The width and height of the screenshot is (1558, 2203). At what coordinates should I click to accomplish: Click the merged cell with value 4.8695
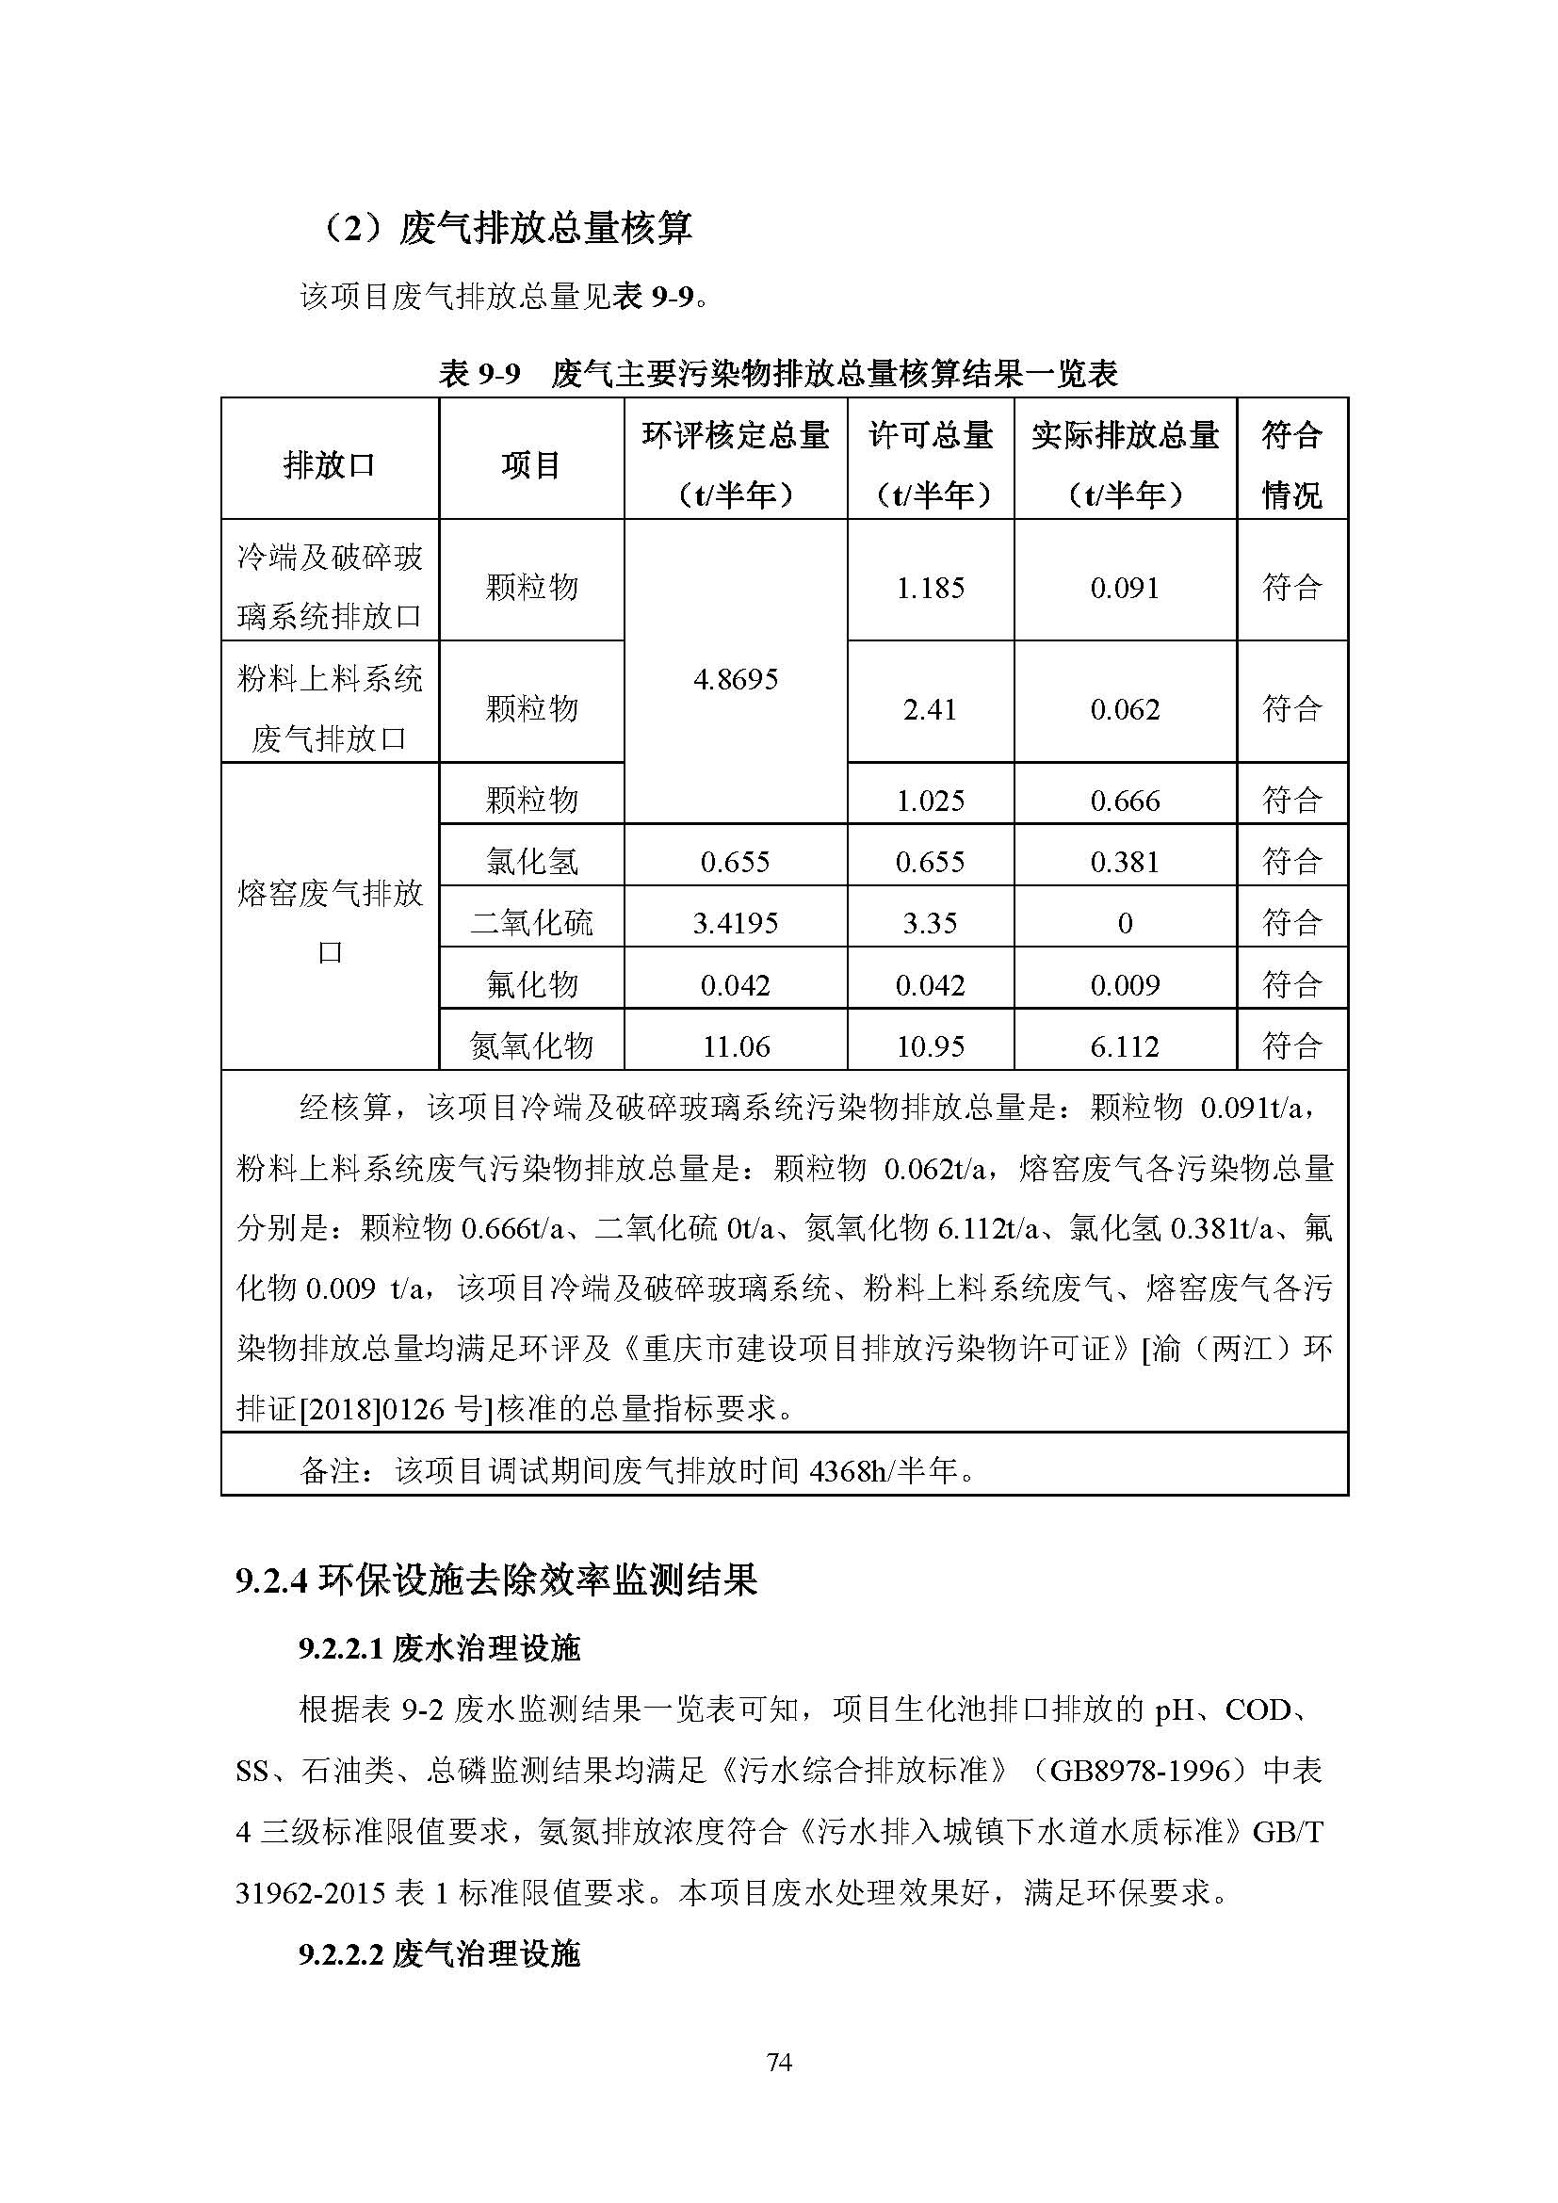[x=735, y=679]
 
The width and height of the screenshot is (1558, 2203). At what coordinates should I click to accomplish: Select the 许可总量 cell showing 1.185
[x=930, y=587]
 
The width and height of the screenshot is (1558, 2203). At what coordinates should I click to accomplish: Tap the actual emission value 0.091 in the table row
[x=1125, y=587]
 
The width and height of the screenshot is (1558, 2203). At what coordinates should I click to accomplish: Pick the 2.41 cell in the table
[x=930, y=709]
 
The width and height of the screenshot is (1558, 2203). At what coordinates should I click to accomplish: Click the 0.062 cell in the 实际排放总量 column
[x=1125, y=709]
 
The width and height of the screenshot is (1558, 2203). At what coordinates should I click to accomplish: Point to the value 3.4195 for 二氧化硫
[x=735, y=923]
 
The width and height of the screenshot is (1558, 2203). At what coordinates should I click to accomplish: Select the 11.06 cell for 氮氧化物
[x=735, y=1045]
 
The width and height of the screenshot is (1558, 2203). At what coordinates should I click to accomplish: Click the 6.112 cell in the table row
[x=1125, y=1045]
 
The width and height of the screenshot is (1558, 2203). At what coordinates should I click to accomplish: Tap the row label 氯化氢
[x=531, y=862]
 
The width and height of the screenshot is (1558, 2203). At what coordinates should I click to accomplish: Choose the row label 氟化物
[x=531, y=984]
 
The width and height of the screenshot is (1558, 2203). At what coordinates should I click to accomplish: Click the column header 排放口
[x=329, y=465]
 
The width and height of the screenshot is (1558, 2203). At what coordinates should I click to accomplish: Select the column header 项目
[x=530, y=465]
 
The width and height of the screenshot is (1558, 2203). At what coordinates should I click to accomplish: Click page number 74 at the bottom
[x=779, y=2062]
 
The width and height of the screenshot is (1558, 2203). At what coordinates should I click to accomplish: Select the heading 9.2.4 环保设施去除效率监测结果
[x=496, y=1580]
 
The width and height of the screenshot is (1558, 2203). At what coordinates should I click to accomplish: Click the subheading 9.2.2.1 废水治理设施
[x=439, y=1648]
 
